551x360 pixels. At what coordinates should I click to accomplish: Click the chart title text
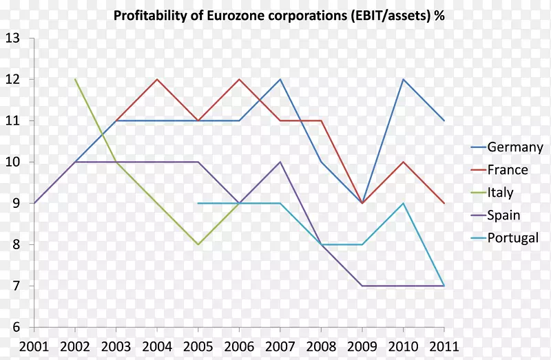[278, 16]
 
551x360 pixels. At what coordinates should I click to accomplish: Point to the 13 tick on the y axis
[12, 39]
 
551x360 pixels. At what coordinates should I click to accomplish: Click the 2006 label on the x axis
[239, 345]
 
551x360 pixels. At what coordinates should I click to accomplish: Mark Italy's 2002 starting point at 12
[75, 79]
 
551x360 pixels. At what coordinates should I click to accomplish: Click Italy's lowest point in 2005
[198, 244]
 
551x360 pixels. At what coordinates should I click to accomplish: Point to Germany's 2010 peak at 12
[403, 79]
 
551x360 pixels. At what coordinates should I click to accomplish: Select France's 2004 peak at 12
[157, 79]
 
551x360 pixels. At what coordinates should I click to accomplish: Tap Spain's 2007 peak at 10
[280, 162]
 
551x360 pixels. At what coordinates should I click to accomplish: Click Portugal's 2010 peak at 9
[403, 203]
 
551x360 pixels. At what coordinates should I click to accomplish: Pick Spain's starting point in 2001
[34, 203]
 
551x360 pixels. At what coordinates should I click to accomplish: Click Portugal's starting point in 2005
[198, 203]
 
